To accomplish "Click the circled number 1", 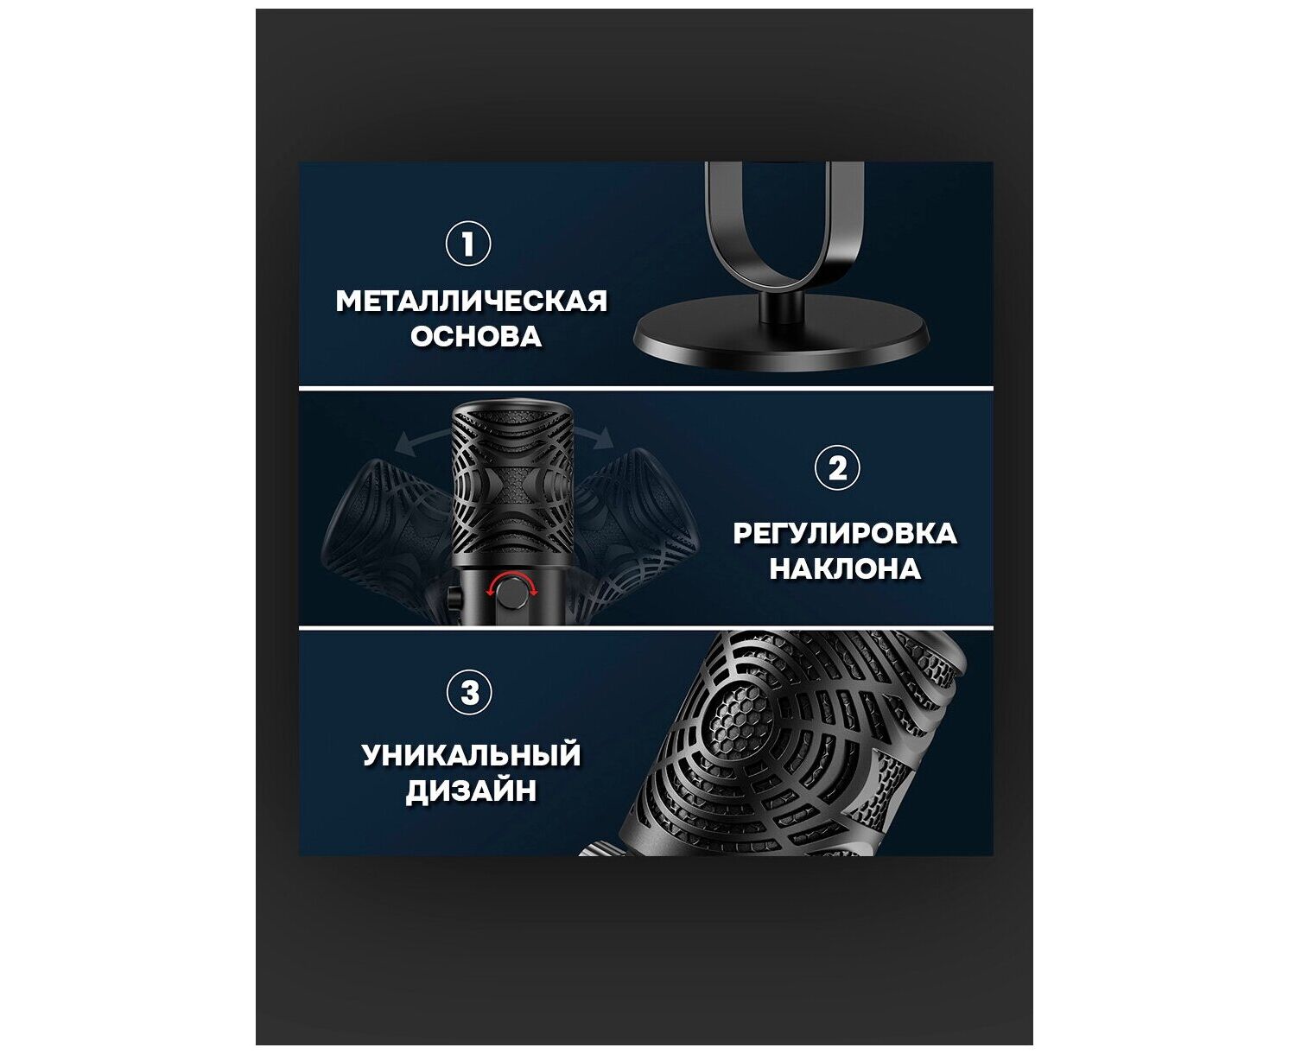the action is (467, 244).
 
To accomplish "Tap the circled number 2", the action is (837, 469).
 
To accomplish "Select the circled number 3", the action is (469, 694).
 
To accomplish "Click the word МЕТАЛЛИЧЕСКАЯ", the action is (472, 302).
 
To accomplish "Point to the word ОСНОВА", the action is (476, 337).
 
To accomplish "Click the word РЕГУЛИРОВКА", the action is (845, 534).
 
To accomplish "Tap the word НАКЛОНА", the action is (845, 569).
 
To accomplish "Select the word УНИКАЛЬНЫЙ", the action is (471, 755).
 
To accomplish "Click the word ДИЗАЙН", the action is (471, 791).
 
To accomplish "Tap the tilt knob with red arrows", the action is (511, 591).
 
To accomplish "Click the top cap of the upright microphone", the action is (512, 410).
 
